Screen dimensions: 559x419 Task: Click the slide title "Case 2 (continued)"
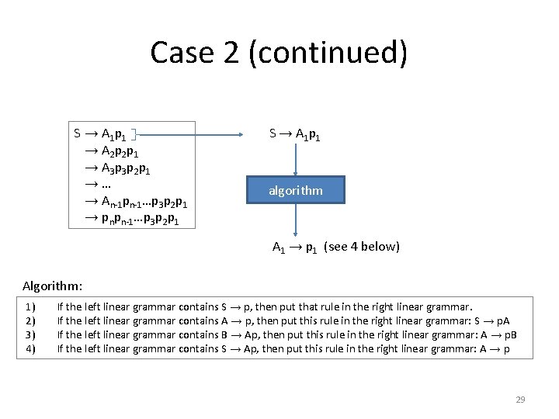[x=279, y=53]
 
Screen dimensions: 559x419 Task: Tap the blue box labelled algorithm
[x=295, y=190]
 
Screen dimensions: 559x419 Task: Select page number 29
[x=520, y=400]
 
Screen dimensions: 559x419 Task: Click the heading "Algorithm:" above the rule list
[x=53, y=286]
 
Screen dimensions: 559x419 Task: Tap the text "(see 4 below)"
[x=361, y=248]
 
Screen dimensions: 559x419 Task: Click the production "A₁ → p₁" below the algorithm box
[x=294, y=248]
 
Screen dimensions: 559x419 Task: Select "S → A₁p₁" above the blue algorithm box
[x=295, y=134]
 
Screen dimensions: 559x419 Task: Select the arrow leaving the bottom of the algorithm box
[x=295, y=222]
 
